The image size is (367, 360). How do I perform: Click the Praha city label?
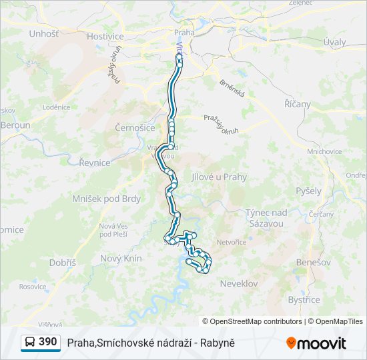point(183,32)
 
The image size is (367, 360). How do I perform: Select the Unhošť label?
point(44,33)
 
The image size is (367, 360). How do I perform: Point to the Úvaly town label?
point(334,42)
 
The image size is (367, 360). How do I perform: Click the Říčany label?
point(297,104)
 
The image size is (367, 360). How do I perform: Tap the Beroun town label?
point(15,125)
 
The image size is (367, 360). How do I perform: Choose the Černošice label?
point(135,127)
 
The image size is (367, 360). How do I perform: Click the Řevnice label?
point(94,163)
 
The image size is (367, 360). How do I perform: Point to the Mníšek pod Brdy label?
point(107,199)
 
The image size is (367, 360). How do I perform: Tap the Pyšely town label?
point(308,191)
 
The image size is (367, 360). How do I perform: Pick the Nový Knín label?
point(121,258)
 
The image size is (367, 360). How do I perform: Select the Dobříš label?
point(62,263)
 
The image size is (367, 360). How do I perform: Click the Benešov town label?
point(315,262)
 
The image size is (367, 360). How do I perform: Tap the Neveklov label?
point(238,283)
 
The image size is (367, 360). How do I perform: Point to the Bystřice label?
point(304,299)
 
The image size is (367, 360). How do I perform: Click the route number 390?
point(47,342)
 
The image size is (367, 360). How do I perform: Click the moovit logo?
point(316,343)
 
